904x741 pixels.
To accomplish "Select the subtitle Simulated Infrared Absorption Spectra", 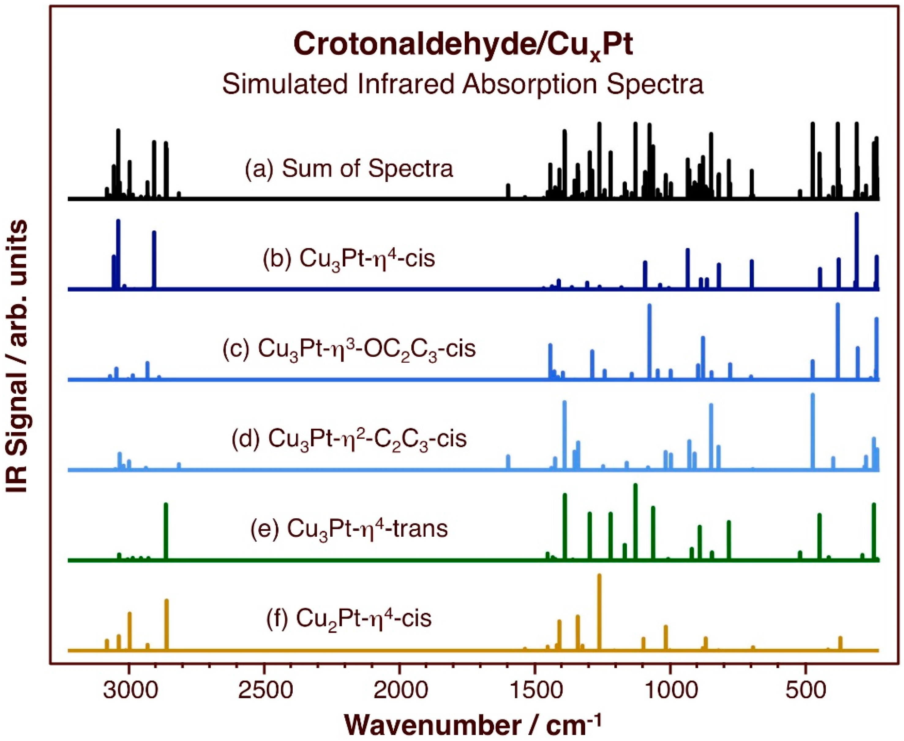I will click(x=463, y=84).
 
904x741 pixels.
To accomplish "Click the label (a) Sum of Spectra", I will click(x=349, y=168).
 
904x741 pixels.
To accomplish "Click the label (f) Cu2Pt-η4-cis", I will click(x=349, y=618).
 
